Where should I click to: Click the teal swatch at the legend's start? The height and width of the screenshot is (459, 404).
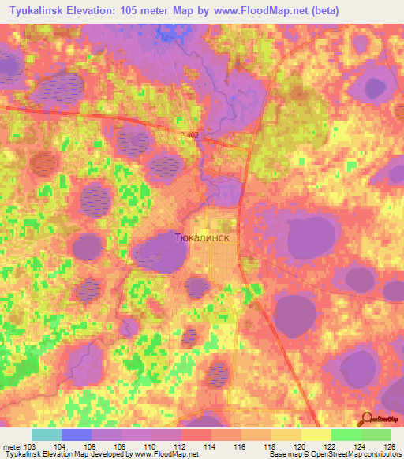coord(47,435)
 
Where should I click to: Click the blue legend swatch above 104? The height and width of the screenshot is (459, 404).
coord(77,435)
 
